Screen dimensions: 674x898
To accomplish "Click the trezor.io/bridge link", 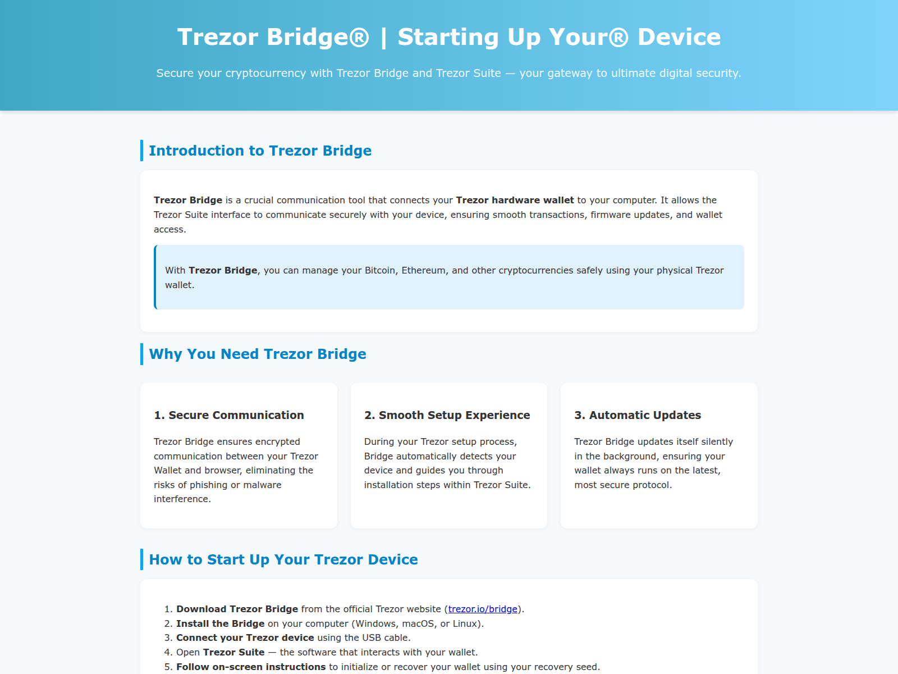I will click(483, 609).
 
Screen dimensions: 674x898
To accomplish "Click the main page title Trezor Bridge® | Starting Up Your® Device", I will click(449, 37).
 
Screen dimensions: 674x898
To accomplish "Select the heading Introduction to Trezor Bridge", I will click(260, 151).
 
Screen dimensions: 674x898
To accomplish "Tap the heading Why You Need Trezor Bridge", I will click(257, 354).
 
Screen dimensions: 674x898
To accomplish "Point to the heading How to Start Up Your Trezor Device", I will click(283, 559).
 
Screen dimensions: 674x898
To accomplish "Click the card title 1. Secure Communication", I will click(228, 415).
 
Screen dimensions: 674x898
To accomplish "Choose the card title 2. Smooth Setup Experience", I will click(447, 415).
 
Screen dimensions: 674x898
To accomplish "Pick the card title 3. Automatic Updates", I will click(637, 415).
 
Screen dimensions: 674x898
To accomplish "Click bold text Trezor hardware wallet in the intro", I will click(515, 200).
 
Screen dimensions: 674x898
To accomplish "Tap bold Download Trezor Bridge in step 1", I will click(237, 609).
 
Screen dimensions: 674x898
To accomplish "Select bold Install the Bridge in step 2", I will click(220, 623).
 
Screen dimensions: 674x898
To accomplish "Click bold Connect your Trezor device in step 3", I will click(245, 637).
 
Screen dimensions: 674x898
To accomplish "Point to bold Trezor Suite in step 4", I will click(233, 652).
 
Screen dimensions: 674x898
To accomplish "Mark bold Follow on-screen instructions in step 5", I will click(250, 667).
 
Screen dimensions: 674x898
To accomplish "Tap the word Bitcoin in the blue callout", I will click(380, 270).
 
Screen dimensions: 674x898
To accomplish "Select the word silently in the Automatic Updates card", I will click(717, 441).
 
